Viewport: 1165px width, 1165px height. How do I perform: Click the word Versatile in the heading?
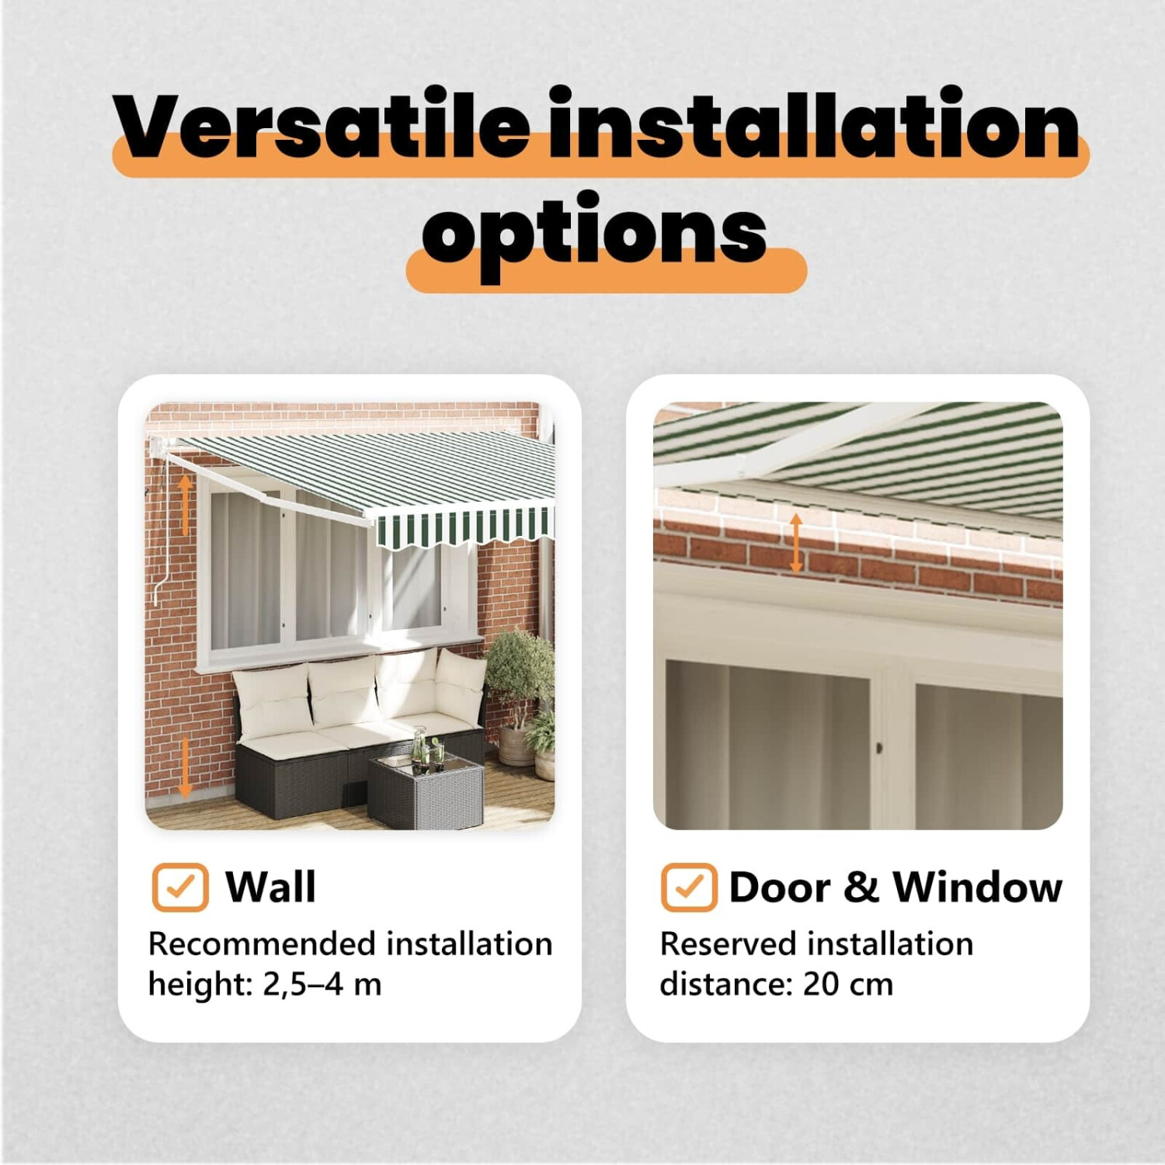coord(322,125)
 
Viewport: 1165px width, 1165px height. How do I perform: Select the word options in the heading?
coord(595,233)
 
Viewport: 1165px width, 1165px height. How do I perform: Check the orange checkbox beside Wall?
coord(180,887)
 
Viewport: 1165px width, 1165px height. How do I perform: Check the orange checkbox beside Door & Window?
coord(689,887)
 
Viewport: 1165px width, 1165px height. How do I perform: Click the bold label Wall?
coord(271,887)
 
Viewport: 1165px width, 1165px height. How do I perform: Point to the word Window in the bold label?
coord(977,887)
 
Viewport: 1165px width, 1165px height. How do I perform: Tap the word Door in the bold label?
coord(780,887)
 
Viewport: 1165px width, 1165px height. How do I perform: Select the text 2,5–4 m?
coord(322,984)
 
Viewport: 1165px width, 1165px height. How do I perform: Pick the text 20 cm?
coord(848,984)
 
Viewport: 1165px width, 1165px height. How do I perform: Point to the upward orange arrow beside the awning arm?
coord(185,504)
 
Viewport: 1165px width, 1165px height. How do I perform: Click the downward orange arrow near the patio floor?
coord(185,767)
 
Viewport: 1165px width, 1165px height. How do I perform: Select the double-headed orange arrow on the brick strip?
coord(796,543)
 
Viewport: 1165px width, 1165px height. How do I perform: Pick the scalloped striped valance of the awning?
coord(464,527)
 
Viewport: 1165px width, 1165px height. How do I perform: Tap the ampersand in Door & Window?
coord(861,887)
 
